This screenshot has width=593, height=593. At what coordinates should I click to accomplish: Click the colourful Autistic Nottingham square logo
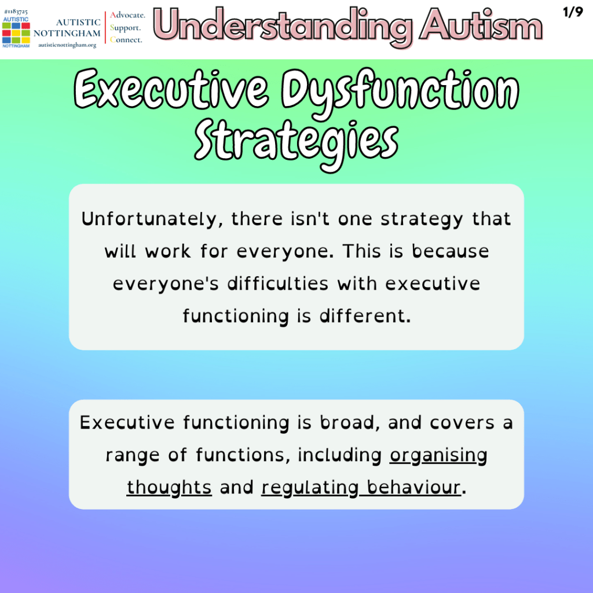click(16, 33)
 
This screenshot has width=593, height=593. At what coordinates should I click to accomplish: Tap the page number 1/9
click(573, 12)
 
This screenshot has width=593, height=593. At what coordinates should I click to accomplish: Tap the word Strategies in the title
click(296, 144)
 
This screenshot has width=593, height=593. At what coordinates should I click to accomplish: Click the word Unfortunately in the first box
click(149, 219)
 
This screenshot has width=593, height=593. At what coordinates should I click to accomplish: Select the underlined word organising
click(438, 455)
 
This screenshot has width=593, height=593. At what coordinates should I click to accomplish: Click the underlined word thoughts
click(169, 488)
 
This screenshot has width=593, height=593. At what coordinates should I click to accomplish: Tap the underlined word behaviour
click(413, 487)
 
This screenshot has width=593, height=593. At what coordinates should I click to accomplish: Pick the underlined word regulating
click(310, 488)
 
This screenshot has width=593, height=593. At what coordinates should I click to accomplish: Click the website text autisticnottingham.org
click(67, 45)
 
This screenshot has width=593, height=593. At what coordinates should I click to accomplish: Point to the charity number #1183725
click(16, 12)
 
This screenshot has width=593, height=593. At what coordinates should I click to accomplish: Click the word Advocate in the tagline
click(127, 15)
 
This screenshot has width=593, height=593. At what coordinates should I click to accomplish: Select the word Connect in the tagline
click(126, 39)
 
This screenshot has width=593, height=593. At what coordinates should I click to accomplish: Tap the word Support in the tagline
click(125, 28)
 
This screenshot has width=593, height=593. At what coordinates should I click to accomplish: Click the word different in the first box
click(365, 316)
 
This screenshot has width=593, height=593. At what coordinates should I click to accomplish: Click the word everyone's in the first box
click(166, 284)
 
